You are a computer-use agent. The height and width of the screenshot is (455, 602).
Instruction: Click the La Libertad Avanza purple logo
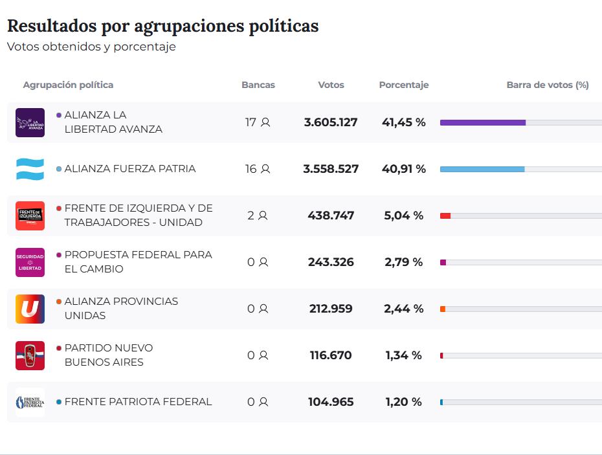pyautogui.click(x=30, y=122)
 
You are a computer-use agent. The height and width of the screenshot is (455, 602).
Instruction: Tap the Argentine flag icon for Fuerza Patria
pyautogui.click(x=30, y=169)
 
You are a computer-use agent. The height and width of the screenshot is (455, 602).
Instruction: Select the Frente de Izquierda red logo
pyautogui.click(x=30, y=216)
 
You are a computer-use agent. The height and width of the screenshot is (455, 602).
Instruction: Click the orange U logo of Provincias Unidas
pyautogui.click(x=30, y=309)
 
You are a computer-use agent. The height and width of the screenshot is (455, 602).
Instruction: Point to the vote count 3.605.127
pyautogui.click(x=331, y=122)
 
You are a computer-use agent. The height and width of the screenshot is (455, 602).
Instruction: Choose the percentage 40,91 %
pyautogui.click(x=404, y=169)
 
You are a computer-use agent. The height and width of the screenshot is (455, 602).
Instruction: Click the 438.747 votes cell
pyautogui.click(x=331, y=216)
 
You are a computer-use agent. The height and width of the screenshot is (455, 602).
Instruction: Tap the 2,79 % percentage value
pyautogui.click(x=403, y=262)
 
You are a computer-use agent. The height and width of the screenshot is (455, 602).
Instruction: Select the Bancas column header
pyautogui.click(x=258, y=85)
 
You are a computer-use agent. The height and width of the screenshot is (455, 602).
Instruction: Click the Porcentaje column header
pyautogui.click(x=404, y=85)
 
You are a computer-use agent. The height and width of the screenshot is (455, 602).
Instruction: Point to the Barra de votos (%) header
pyautogui.click(x=548, y=85)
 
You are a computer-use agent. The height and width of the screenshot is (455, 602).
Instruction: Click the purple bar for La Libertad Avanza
pyautogui.click(x=482, y=122)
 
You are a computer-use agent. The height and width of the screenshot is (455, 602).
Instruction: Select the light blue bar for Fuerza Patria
pyautogui.click(x=482, y=169)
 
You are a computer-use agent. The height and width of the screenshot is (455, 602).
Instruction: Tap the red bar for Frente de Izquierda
pyautogui.click(x=445, y=216)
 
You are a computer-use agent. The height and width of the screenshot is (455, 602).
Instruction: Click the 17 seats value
pyautogui.click(x=251, y=122)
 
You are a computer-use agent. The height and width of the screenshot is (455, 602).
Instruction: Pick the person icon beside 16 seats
pyautogui.click(x=265, y=169)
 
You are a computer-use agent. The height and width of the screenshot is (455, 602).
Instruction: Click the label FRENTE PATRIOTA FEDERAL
pyautogui.click(x=138, y=402)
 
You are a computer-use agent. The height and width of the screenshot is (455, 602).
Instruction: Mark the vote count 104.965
pyautogui.click(x=331, y=402)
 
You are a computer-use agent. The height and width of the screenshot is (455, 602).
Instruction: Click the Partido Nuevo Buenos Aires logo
pyautogui.click(x=30, y=355)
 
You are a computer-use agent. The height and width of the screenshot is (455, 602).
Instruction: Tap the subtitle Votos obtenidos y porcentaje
pyautogui.click(x=91, y=47)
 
